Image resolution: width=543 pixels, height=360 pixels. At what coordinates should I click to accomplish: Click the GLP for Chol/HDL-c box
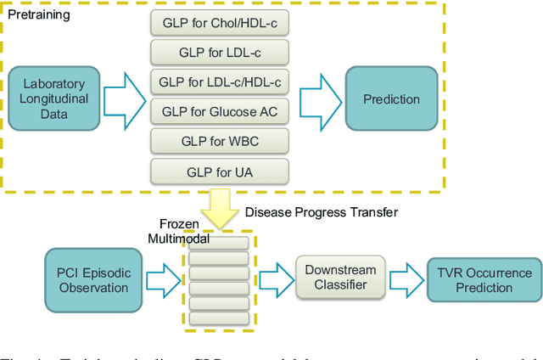(220, 22)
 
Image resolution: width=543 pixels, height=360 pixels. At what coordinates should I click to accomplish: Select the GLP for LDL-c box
(220, 52)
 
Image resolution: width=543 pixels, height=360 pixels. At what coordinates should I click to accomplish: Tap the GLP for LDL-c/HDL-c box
(220, 82)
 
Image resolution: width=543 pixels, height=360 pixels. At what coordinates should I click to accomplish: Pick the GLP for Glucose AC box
(220, 111)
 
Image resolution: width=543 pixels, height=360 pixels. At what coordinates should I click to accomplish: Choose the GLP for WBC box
(220, 141)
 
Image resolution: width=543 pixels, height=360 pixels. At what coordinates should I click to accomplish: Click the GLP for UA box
(220, 171)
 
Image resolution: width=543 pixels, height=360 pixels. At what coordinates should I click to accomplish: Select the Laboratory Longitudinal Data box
(54, 99)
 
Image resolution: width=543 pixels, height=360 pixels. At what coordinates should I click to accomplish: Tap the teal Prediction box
(391, 99)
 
